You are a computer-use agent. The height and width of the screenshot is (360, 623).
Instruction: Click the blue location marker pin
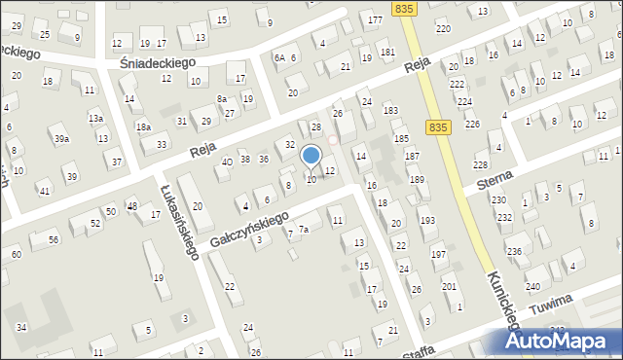(x=311, y=156)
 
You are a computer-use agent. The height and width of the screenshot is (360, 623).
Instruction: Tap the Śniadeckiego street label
(x=157, y=61)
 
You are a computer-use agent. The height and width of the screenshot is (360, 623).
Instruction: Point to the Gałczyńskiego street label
(x=249, y=229)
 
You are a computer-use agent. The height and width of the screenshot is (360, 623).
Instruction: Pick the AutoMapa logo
(x=562, y=341)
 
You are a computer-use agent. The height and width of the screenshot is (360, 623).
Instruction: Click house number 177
(x=375, y=20)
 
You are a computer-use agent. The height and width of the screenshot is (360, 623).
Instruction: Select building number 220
(x=443, y=29)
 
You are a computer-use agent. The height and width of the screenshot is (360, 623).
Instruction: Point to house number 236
(x=514, y=252)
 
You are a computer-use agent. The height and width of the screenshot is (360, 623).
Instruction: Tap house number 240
(x=532, y=286)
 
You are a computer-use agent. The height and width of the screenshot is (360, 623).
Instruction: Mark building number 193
(x=427, y=221)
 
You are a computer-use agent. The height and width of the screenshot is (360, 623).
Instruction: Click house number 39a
(x=61, y=140)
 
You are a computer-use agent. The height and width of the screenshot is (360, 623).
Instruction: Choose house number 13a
(x=95, y=118)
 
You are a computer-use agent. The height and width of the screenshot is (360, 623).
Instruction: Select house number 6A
(x=278, y=58)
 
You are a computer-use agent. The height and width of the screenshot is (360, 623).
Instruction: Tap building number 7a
(x=304, y=230)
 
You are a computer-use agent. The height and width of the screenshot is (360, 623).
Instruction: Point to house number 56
(x=54, y=239)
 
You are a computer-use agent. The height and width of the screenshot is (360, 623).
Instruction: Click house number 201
(x=449, y=286)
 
